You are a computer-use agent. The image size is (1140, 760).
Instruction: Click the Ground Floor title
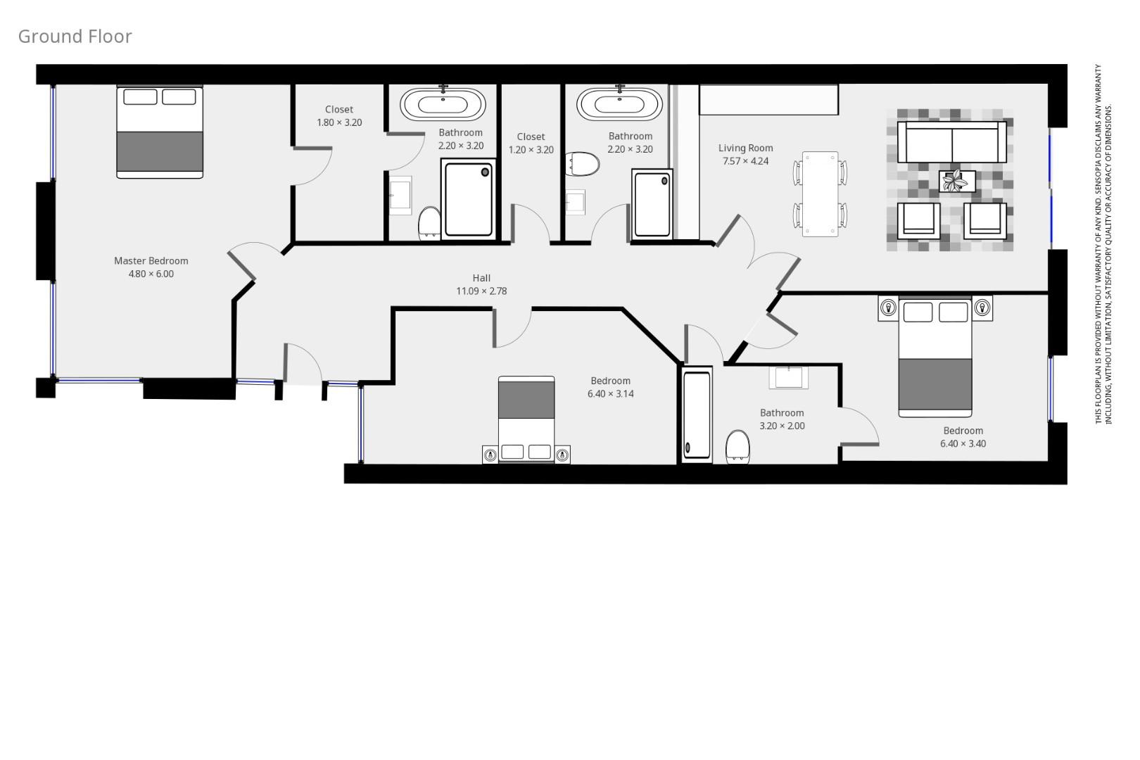75,37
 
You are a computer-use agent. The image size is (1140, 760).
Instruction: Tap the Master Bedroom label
151,260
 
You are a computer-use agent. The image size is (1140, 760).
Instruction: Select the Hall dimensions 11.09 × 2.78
481,291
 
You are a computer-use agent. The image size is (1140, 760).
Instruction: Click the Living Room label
746,148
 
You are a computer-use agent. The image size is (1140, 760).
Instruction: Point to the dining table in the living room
820,194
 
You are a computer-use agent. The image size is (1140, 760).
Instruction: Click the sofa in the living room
951,142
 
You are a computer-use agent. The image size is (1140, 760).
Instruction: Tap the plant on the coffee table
955,182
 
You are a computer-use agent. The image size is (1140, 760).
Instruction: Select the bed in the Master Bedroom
160,132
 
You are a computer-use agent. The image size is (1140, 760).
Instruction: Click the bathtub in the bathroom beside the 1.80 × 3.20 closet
443,104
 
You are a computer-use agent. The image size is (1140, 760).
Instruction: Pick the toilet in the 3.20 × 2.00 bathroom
737,447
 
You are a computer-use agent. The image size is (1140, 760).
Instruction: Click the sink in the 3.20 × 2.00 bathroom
788,377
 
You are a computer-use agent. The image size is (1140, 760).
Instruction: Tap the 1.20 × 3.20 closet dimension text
531,150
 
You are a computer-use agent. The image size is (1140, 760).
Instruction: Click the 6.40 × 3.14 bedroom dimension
611,394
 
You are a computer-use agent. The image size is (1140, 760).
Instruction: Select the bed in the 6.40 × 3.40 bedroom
935,357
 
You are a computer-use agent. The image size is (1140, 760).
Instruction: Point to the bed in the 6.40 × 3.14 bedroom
526,419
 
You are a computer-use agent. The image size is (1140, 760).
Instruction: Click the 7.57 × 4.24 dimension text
746,161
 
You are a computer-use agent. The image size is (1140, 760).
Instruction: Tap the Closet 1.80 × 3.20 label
339,116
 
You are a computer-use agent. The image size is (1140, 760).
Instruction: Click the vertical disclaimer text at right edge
1103,243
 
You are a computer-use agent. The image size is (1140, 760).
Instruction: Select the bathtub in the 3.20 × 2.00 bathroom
697,415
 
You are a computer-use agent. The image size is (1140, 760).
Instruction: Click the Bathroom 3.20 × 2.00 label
783,419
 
